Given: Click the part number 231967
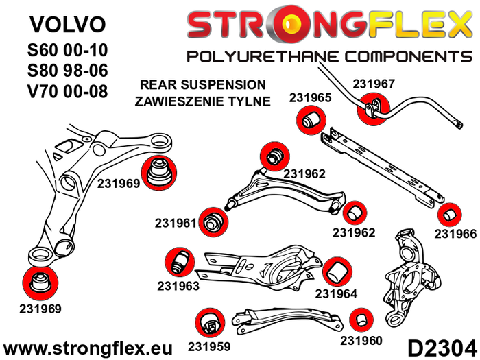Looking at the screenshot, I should point(374,84).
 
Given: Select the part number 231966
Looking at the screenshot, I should point(455,234).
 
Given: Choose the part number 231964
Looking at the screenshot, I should point(337,294).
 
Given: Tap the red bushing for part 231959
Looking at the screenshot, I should point(208,322).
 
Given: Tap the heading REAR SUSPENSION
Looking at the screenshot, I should point(202,85).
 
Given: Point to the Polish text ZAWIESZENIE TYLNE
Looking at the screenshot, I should point(202,101).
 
